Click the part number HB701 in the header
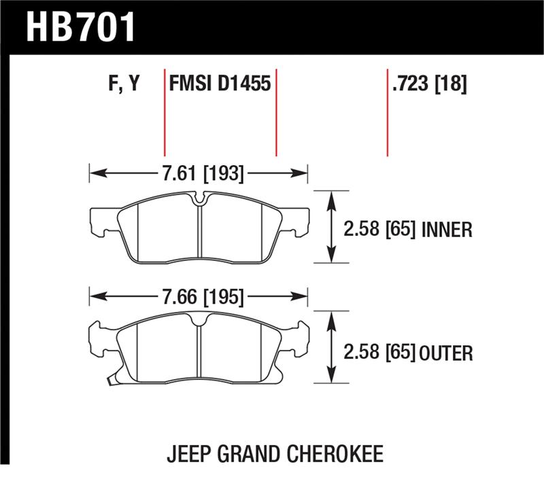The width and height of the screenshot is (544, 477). click(81, 28)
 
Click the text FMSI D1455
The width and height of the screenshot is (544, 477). click(220, 85)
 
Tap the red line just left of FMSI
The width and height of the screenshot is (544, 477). click(165, 112)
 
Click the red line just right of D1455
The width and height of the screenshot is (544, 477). click(276, 112)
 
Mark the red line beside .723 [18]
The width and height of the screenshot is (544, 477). click(387, 112)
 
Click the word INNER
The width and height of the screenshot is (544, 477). click(446, 230)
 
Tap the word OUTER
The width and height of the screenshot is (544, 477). click(445, 353)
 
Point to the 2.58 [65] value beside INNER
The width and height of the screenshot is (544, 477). click(380, 230)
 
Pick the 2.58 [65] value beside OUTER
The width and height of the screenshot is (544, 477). click(380, 353)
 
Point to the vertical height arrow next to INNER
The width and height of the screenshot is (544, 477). click(330, 226)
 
